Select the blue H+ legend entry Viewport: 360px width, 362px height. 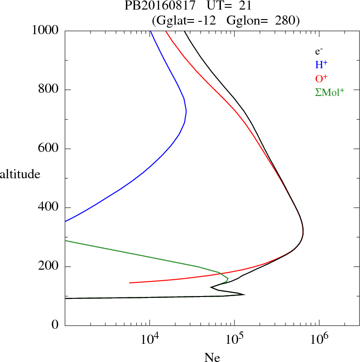point(322,65)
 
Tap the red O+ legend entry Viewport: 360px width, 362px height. point(322,79)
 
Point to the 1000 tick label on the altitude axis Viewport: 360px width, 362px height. point(45,30)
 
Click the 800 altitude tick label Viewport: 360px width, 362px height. point(49,90)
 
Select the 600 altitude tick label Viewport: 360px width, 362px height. point(49,149)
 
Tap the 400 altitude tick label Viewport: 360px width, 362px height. point(49,208)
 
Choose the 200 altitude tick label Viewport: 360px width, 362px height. point(49,267)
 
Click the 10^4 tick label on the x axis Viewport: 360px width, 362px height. point(150,340)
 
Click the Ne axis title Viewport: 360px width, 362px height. point(212,357)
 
